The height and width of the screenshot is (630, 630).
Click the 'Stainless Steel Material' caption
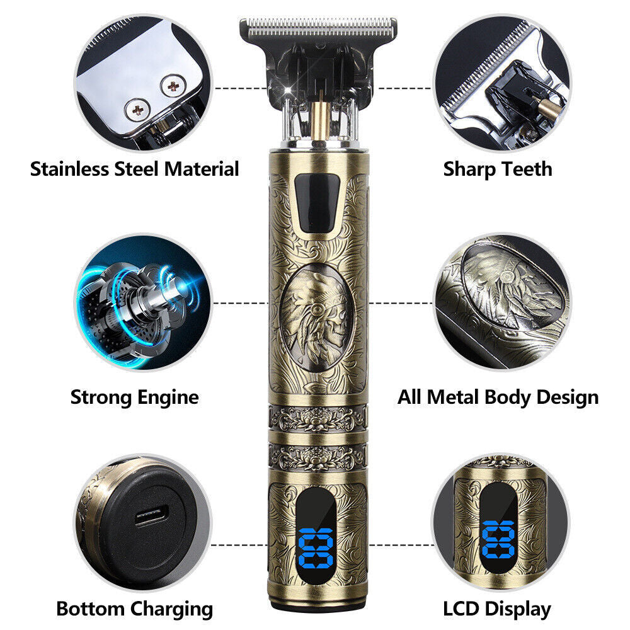coord(135,169)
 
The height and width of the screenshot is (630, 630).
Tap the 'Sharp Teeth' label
coord(498,169)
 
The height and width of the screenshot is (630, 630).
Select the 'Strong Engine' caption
coord(134,397)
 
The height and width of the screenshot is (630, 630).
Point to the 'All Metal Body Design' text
coord(498,397)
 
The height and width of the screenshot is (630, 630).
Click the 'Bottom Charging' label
coord(134,609)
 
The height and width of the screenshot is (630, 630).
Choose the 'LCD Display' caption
coord(497,609)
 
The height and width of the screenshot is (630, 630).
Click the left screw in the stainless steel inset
coord(135,110)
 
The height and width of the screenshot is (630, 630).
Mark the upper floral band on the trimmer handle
coord(318,418)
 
